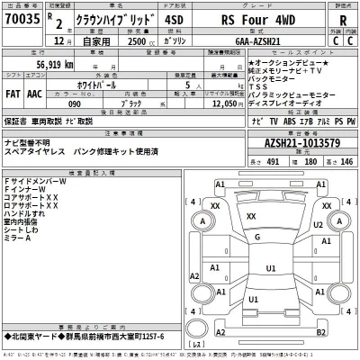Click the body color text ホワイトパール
pos(114,81)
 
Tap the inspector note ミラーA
pos(19,238)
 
